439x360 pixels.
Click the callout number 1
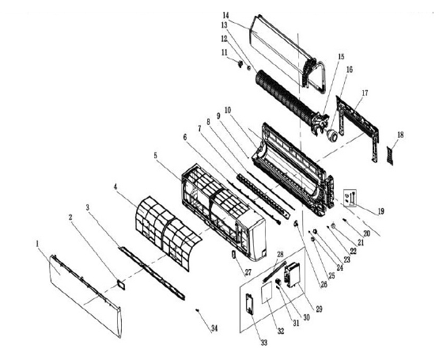point(37,244)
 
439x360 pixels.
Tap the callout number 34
point(214,328)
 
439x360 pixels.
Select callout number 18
point(400,135)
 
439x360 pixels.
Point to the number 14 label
point(226,15)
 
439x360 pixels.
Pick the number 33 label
point(263,343)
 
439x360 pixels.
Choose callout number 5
point(156,155)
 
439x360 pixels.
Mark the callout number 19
point(380,211)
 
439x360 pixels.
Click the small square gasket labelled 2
point(121,284)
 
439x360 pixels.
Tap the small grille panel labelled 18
point(389,156)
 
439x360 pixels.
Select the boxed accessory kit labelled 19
point(350,198)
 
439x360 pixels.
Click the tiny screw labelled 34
point(198,310)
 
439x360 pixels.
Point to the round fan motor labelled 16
point(332,135)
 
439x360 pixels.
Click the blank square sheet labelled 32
point(267,293)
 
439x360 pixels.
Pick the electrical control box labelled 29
point(292,275)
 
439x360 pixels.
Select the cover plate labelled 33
point(249,304)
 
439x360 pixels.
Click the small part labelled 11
point(240,64)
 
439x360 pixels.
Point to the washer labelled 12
point(248,67)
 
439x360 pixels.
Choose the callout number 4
point(115,186)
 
